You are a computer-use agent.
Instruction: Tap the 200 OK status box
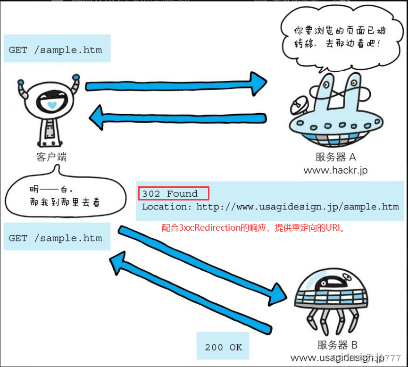(x=223, y=347)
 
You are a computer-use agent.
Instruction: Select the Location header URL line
(x=270, y=207)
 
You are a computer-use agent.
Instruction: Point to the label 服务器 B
(x=337, y=345)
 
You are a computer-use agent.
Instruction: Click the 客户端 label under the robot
(x=51, y=157)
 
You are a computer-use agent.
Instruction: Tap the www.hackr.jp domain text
(x=335, y=170)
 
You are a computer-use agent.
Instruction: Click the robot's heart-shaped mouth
(x=52, y=104)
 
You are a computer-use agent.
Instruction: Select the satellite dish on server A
(x=298, y=105)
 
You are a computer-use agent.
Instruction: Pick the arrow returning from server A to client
(x=179, y=118)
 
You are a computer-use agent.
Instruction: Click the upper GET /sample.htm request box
(x=56, y=50)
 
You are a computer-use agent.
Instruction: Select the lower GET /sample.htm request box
(x=56, y=238)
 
